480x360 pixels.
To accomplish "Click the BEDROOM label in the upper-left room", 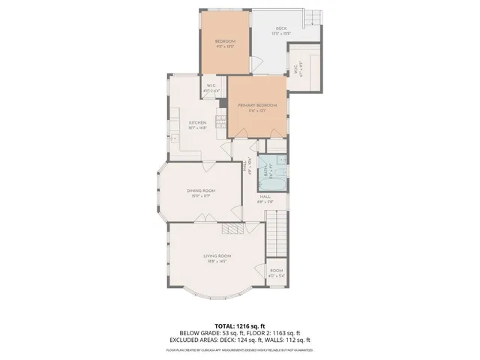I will pyautogui.click(x=225, y=40).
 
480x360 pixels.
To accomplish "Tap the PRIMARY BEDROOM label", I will pyautogui.click(x=257, y=106).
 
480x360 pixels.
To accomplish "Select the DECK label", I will pyautogui.click(x=281, y=29).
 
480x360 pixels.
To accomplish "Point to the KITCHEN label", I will pyautogui.click(x=197, y=123).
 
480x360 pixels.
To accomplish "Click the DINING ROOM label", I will pyautogui.click(x=201, y=190).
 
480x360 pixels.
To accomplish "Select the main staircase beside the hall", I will pyautogui.click(x=278, y=232).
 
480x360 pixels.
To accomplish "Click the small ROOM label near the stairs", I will pyautogui.click(x=277, y=271).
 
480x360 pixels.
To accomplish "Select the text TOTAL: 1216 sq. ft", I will pyautogui.click(x=240, y=326).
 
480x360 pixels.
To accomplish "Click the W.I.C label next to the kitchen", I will pyautogui.click(x=211, y=85).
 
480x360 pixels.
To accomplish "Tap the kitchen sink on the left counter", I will pyautogui.click(x=173, y=138).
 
